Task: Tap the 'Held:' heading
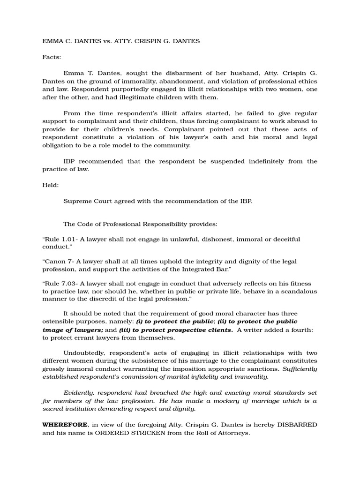[x=51, y=185]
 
